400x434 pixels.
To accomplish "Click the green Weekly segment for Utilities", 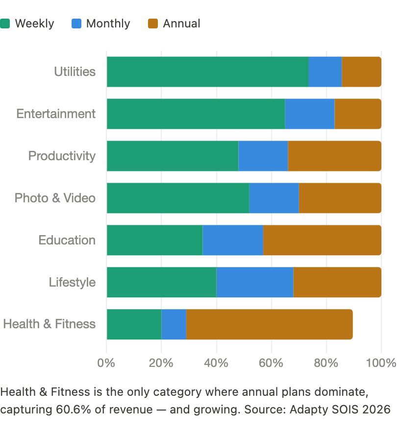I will tap(207, 72).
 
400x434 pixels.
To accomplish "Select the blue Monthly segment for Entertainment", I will tap(310, 114).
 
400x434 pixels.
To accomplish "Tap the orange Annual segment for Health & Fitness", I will tap(269, 325).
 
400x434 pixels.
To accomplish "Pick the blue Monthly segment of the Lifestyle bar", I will tap(255, 283).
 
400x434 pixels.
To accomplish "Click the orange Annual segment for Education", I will tap(322, 241).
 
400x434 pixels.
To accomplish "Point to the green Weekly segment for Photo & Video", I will tap(178, 198).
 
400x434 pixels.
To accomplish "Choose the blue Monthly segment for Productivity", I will tap(263, 156).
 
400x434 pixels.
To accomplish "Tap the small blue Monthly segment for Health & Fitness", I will tap(174, 325).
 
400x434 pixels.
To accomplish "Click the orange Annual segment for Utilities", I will tap(361, 72).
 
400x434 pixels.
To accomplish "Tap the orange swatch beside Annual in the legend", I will tap(153, 24).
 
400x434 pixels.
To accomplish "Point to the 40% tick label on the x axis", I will tap(216, 363).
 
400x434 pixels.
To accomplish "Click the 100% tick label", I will tap(381, 363).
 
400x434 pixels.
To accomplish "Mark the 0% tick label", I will tap(106, 363).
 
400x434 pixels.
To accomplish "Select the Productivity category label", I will tap(62, 156).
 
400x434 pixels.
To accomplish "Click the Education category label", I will tap(67, 240).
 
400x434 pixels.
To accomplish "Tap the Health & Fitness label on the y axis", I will tap(49, 324).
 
